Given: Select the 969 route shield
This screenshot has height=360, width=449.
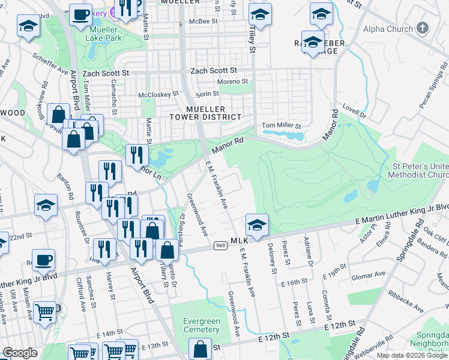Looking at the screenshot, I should pos(220,245).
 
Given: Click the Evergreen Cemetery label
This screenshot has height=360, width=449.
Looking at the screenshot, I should pos(202,326).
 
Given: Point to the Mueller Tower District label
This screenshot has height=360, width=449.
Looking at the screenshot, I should pos(205,113).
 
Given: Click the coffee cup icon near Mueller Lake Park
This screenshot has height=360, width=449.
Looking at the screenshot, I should pos(80,14).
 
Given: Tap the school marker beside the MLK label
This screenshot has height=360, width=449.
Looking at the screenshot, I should pos(257,226).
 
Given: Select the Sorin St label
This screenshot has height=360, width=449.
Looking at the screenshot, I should pos(207,94).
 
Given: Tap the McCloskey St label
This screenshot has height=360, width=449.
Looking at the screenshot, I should pos(158,94).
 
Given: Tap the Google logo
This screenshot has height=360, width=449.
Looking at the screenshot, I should pos(20,353).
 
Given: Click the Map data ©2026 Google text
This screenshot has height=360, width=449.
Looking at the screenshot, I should pos(411,355).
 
